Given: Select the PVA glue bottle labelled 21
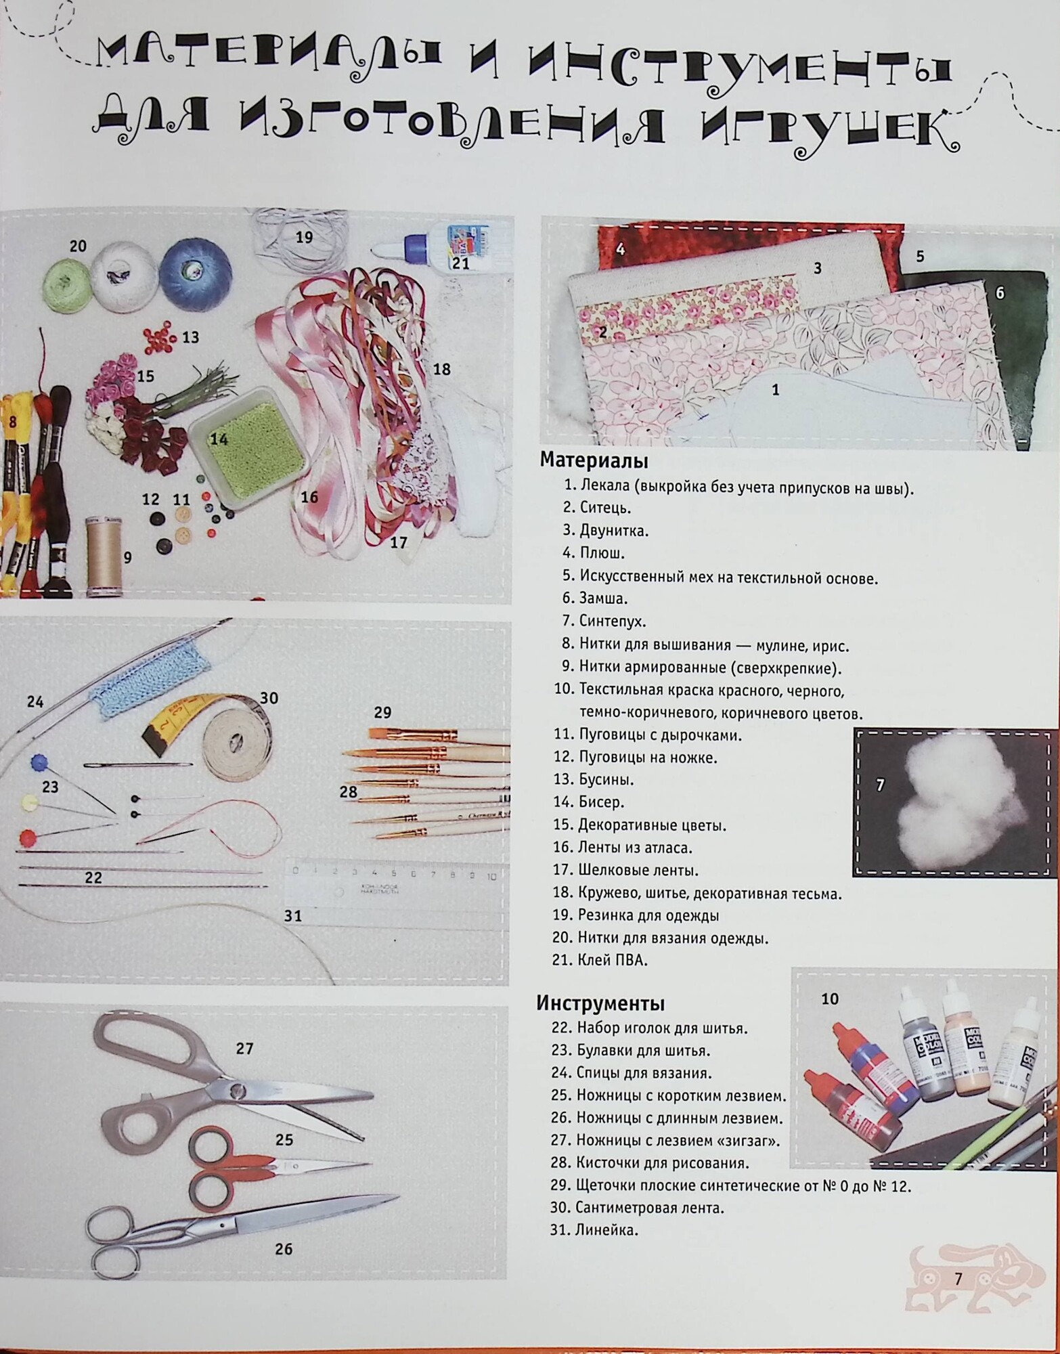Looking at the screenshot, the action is pyautogui.click(x=433, y=247).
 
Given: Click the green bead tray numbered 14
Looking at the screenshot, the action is pyautogui.click(x=248, y=437).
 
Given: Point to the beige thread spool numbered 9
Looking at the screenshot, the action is pyautogui.click(x=104, y=556).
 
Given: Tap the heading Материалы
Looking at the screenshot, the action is pyautogui.click(x=593, y=461).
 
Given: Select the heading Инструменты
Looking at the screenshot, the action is pyautogui.click(x=600, y=1003).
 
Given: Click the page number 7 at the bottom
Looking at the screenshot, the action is pyautogui.click(x=958, y=1279).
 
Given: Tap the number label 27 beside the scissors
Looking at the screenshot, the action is pyautogui.click(x=244, y=1049).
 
